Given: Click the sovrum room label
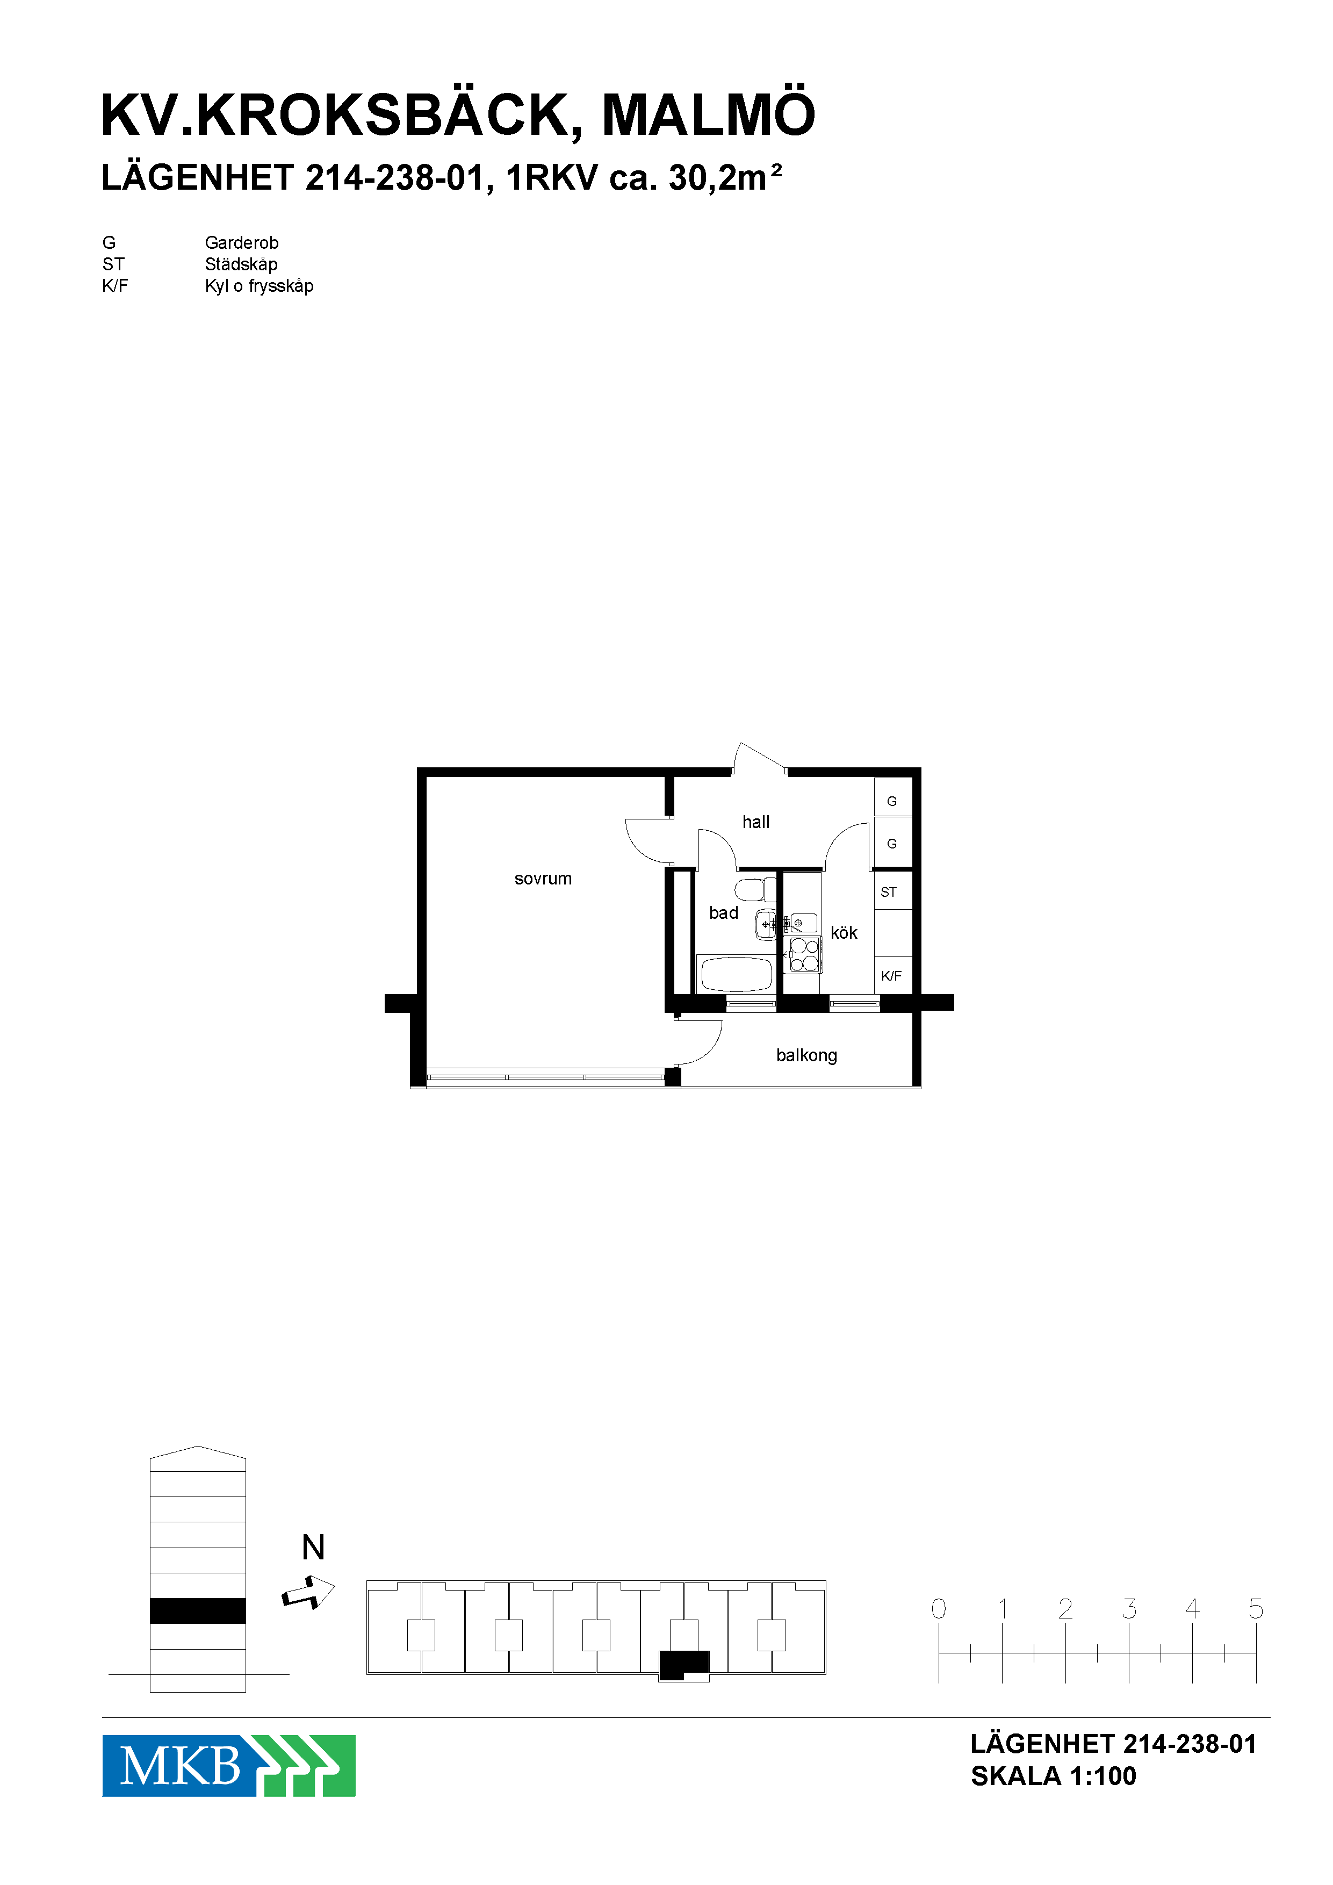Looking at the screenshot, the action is click(x=543, y=879).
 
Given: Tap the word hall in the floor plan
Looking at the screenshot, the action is click(x=756, y=822).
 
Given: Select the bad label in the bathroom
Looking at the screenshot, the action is click(x=723, y=913).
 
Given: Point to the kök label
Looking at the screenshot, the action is click(x=844, y=933).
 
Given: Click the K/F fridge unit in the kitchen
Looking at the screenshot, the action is click(x=893, y=975).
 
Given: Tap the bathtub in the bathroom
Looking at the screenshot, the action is click(x=736, y=975).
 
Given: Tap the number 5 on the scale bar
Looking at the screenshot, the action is click(x=1256, y=1608).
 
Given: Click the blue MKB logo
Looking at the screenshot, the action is click(x=228, y=1766).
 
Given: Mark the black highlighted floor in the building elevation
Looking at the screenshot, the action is click(x=198, y=1611).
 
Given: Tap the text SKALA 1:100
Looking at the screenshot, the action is click(x=1053, y=1776).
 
